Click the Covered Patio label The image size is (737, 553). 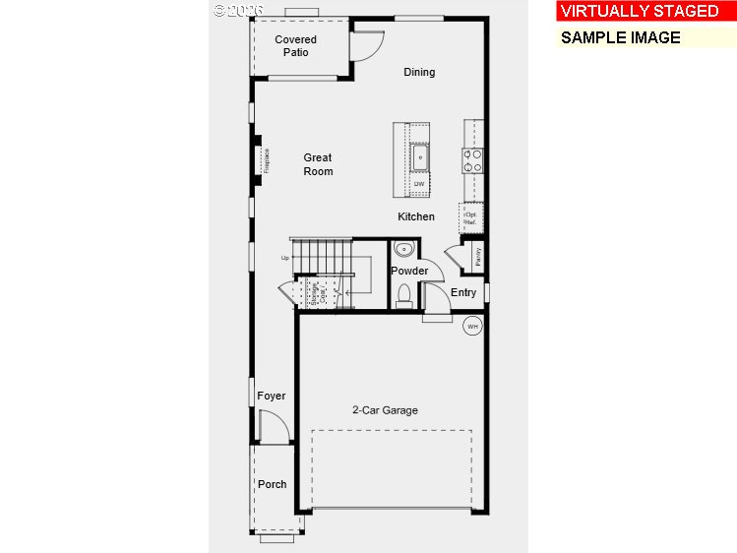[x=295, y=46]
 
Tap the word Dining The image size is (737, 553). [x=419, y=72]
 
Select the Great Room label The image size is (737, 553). [x=318, y=164]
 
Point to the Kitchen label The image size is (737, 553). [x=416, y=216]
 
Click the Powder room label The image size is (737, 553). [x=409, y=271]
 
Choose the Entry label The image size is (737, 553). [x=463, y=292]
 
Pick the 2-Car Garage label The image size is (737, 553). [x=386, y=410]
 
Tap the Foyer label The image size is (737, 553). [x=272, y=396]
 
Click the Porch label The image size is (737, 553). [x=273, y=484]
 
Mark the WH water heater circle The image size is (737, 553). [x=472, y=326]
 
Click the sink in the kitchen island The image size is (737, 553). [x=420, y=155]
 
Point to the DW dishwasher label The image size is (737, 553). [x=419, y=184]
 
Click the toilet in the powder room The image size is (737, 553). [x=403, y=293]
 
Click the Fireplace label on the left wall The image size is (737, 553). [x=266, y=161]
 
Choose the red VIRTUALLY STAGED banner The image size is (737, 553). [x=640, y=12]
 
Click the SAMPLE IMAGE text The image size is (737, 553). [x=621, y=37]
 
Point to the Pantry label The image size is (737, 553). [x=477, y=256]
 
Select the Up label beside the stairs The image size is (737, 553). [x=285, y=259]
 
